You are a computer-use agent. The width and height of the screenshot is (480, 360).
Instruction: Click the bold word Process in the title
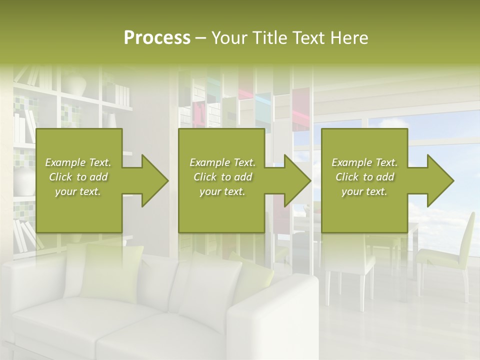point(157,38)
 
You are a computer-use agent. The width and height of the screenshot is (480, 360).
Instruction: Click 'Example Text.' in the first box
point(78,162)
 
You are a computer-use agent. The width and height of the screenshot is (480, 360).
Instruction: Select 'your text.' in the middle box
point(222,191)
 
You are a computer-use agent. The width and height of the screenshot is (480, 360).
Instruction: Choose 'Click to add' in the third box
point(364,177)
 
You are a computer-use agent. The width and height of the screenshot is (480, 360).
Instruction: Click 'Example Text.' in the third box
point(364,162)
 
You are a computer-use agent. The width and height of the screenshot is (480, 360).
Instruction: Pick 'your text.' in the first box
point(78,191)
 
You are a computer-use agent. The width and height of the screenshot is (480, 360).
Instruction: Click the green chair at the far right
point(450,250)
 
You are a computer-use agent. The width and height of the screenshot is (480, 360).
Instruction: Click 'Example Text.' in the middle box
point(222,162)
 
